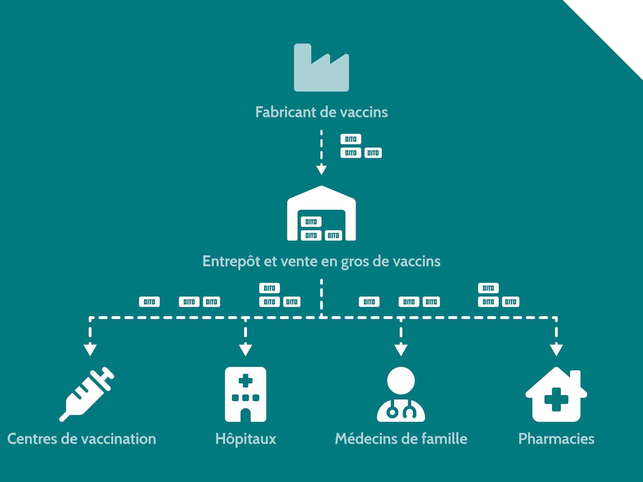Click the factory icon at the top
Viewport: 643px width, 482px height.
[x=321, y=68]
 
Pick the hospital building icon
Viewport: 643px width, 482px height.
[x=246, y=394]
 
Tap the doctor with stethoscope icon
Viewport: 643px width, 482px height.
[x=401, y=394]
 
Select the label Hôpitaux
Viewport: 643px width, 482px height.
[x=246, y=439]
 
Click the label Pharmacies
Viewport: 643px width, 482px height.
[x=556, y=439]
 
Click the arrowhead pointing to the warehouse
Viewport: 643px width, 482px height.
[x=321, y=170]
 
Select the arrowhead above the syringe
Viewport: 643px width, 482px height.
[x=90, y=350]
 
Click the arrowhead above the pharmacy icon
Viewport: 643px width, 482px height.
[x=556, y=350]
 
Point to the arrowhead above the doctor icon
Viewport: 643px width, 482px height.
[x=401, y=350]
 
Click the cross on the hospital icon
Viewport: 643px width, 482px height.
[x=246, y=380]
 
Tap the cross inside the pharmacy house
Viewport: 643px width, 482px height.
[x=556, y=399]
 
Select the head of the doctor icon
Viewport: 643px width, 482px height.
[x=401, y=381]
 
